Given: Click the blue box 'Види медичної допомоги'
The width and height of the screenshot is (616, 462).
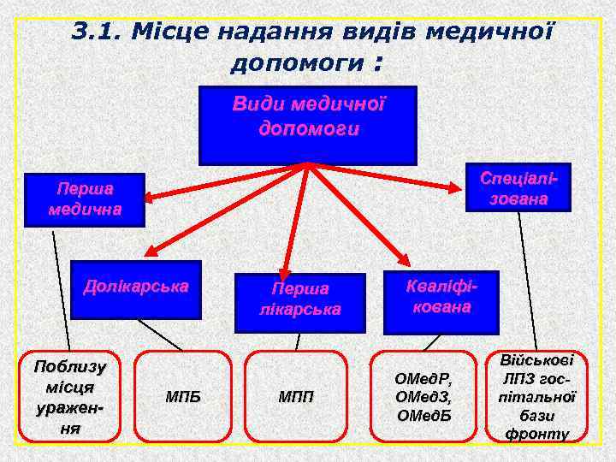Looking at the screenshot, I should coord(308,125).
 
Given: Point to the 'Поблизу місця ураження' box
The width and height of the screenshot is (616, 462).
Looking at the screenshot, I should coord(69,397).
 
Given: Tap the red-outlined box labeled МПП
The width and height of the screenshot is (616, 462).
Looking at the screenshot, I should coord(296,397).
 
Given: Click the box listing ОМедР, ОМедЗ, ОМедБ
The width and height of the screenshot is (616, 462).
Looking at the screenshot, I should coord(423,397).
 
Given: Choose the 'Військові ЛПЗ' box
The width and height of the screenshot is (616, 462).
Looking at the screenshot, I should coord(538,397).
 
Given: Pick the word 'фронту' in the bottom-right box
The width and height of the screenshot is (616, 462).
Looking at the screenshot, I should coord(537,435).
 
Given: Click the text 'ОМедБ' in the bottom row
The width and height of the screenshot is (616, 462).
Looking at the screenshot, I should coord(423,416).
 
